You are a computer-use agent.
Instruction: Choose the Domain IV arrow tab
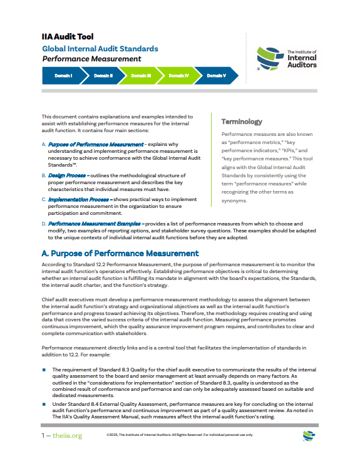tap(178, 75)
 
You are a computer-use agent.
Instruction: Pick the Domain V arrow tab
tap(216, 75)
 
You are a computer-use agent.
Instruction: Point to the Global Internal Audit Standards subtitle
tap(100, 48)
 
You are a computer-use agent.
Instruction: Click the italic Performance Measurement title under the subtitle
tap(91, 59)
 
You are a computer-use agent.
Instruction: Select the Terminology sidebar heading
tap(242, 122)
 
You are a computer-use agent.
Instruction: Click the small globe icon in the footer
tap(308, 435)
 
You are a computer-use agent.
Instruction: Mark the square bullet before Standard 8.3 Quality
tap(44, 370)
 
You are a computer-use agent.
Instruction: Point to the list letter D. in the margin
tap(43, 223)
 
